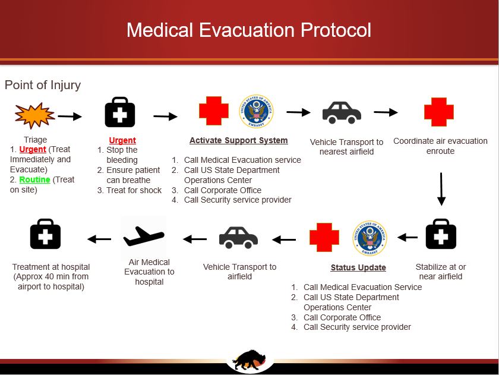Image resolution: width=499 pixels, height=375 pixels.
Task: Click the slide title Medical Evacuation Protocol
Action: (249, 30)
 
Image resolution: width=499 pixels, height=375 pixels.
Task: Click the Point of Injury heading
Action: (43, 85)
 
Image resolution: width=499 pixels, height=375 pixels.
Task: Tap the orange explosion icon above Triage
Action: (34, 115)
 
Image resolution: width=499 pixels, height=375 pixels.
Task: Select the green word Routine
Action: (34, 179)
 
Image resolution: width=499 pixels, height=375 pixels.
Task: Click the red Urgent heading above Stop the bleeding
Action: (122, 141)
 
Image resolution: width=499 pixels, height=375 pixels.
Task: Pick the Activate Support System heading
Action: (238, 141)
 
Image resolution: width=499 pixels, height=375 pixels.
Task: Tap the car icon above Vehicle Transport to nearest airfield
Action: (342, 112)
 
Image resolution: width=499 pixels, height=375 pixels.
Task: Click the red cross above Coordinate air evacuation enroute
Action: (439, 112)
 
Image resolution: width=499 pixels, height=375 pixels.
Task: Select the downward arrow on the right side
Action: (441, 189)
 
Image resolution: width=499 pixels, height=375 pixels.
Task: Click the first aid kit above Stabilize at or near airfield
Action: (441, 234)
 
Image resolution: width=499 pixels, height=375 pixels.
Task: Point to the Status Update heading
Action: (358, 267)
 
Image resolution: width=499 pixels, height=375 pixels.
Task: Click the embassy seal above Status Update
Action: (369, 238)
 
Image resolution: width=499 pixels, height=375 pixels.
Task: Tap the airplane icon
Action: (143, 237)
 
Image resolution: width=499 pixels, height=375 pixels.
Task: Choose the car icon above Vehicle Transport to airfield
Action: (238, 238)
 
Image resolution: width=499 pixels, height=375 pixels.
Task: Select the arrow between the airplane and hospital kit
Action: (99, 239)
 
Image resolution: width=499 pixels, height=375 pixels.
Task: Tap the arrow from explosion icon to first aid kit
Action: (70, 116)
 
